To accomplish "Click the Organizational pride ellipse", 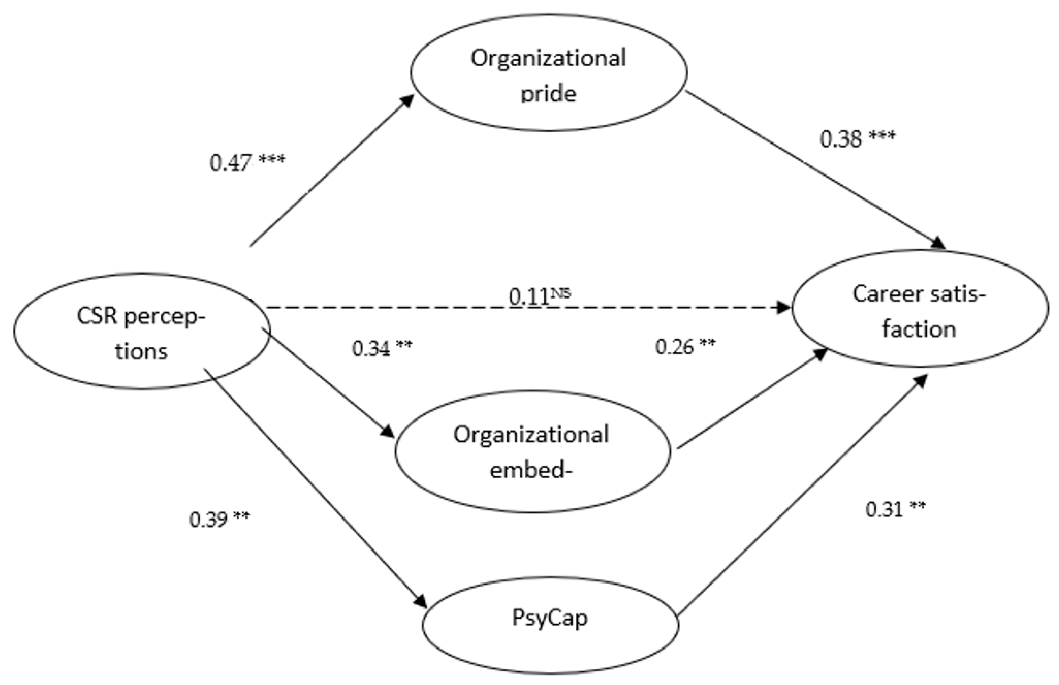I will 548,73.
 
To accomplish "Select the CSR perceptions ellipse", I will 142,332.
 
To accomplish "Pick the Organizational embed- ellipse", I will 532,451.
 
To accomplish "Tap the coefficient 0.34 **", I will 382,348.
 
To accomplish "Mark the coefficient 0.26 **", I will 686,346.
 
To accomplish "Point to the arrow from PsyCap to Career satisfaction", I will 801,494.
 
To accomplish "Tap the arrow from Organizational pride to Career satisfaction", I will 814,169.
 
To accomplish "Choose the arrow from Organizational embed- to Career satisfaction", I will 752,398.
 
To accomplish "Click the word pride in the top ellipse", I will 548,94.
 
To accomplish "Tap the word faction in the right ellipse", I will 919,329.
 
